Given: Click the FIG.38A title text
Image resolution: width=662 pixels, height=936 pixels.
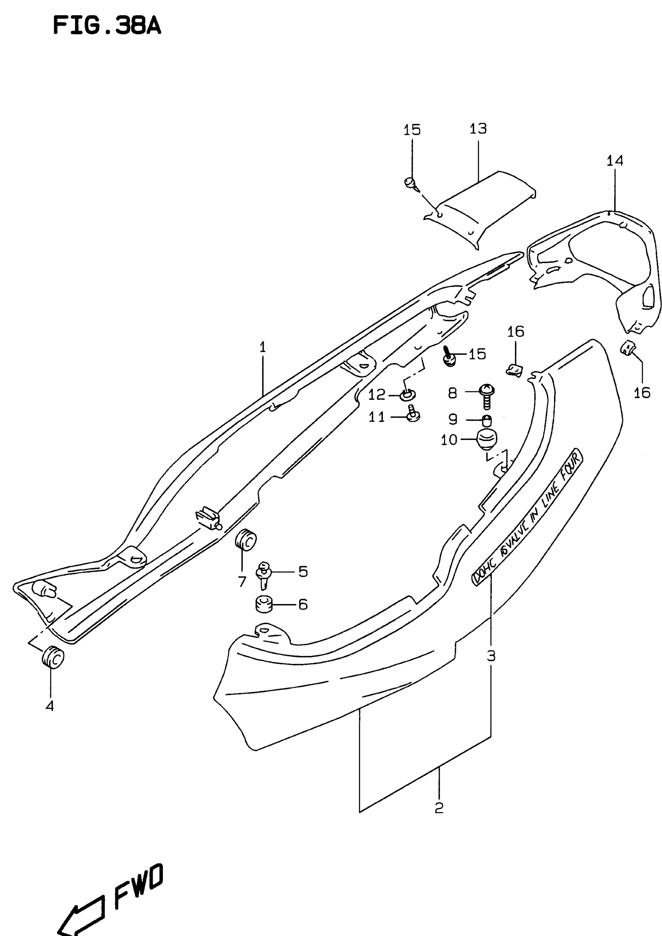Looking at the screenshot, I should pos(107,26).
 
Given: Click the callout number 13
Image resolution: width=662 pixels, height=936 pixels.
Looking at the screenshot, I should pos(478,129).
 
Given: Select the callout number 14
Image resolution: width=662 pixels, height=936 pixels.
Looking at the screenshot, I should pos(615,161).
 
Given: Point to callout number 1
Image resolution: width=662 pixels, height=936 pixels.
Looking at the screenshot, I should pos(262,348).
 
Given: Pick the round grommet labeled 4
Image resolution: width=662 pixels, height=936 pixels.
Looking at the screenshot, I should pos(53,657).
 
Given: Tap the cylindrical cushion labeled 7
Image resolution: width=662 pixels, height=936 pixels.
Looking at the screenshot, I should pos(246,540).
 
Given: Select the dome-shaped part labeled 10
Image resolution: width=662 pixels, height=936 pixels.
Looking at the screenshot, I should pos(487,440).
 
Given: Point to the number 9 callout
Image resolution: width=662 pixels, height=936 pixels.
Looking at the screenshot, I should pos(452,419).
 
